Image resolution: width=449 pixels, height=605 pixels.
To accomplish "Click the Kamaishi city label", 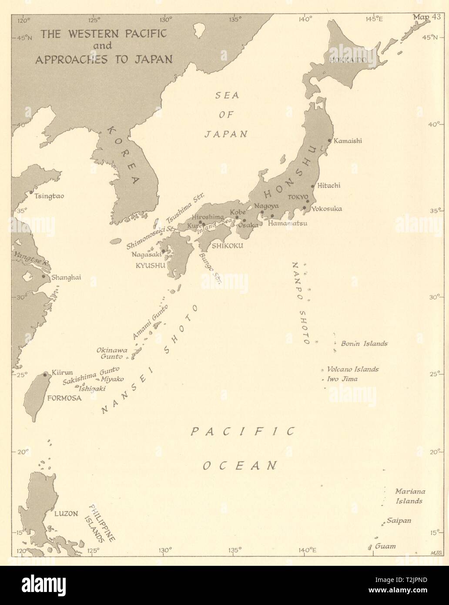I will click(348, 141).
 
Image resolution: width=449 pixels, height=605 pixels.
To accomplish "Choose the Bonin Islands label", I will click(364, 343).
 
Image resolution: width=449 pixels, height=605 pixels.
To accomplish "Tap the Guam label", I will click(385, 546).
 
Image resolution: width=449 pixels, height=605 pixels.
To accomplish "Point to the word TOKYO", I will click(298, 197).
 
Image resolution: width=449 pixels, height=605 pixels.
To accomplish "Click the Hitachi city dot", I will click(313, 186).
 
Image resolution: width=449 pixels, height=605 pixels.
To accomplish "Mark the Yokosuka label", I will click(326, 208).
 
